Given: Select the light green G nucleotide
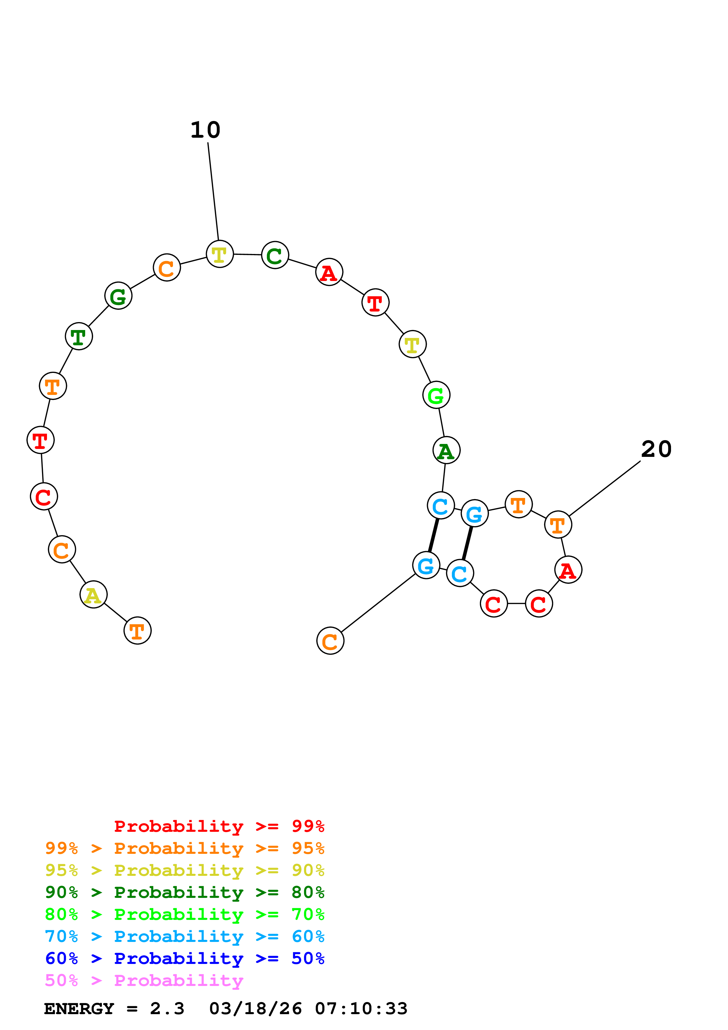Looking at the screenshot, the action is pos(436,395).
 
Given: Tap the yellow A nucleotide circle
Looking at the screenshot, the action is pos(93,595).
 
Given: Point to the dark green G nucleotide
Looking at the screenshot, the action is pos(118,296).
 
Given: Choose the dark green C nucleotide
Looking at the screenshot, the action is pos(275,255).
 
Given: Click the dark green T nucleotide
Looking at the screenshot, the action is pos(79,336).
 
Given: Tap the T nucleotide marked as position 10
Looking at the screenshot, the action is pos(219,254).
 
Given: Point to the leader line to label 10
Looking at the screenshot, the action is pos(213,191).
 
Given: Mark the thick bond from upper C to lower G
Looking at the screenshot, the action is pos(433,535).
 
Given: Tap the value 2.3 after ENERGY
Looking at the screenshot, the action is pos(167,1009).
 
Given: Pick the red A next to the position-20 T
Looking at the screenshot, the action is pos(568,570).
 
